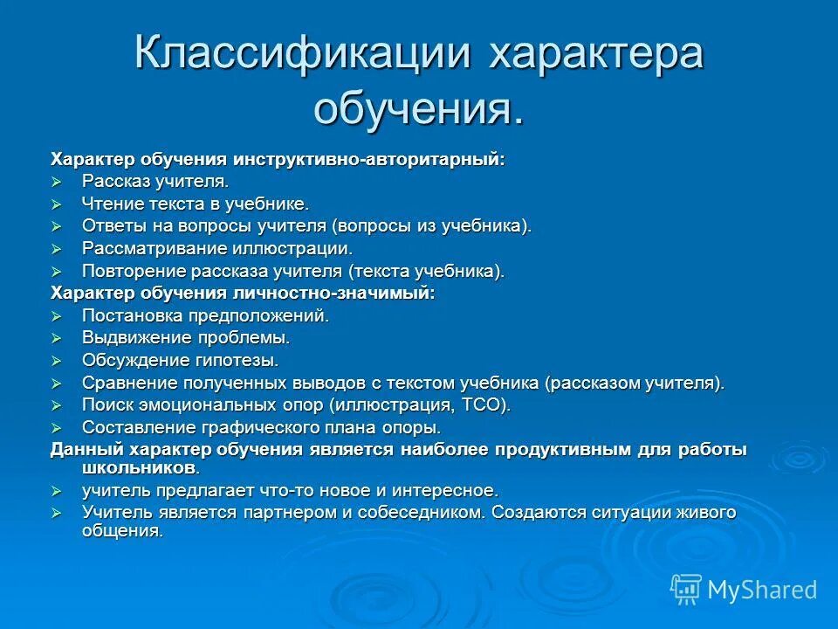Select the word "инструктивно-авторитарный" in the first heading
[367, 159]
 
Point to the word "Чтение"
[110, 204]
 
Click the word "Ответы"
[111, 226]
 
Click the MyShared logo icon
[686, 590]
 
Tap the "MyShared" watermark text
[762, 591]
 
